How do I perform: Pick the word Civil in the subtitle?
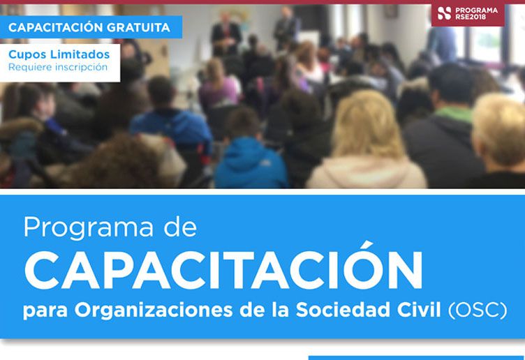click(422, 309)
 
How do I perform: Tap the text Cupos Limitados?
click(59, 54)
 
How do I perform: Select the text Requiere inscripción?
click(58, 67)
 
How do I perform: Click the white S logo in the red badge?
click(444, 13)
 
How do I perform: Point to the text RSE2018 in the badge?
click(476, 17)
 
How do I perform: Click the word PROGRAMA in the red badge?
click(478, 10)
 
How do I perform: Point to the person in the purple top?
click(219, 87)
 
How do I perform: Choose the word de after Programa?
click(181, 227)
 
